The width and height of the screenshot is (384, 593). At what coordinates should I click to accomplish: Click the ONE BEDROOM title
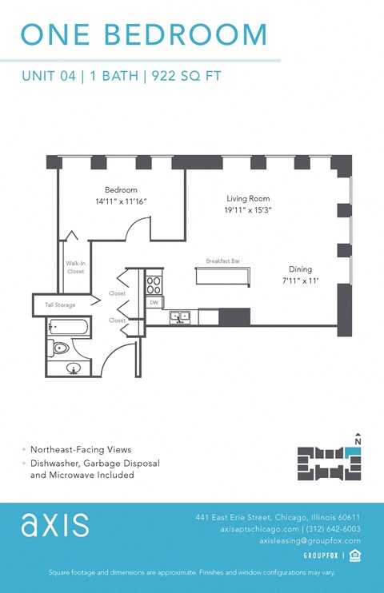[144, 35]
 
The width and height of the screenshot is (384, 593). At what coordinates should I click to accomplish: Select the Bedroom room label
[121, 190]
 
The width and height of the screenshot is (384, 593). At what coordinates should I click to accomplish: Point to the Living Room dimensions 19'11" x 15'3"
[247, 210]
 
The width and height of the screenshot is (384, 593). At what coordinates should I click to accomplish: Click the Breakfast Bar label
[222, 261]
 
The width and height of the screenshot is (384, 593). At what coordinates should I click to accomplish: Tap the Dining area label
[300, 269]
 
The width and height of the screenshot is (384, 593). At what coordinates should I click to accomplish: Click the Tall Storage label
[61, 304]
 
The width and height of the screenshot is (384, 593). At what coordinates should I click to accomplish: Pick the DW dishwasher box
[153, 302]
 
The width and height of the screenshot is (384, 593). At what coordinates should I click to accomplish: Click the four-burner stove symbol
[153, 284]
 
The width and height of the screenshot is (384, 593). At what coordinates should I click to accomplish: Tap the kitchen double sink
[179, 316]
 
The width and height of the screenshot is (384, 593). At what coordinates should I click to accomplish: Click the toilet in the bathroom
[60, 348]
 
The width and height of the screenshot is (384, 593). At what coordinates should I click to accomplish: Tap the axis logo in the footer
[55, 525]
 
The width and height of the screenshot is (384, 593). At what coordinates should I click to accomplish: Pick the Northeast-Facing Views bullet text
[81, 450]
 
